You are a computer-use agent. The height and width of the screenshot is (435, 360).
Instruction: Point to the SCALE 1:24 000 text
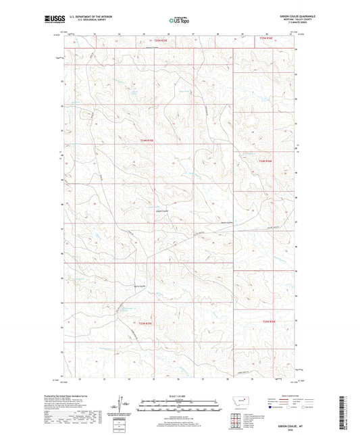(179, 395)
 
